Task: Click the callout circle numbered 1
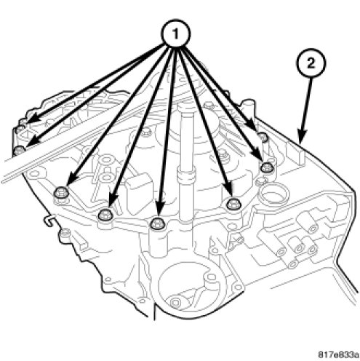point(176,34)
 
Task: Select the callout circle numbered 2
point(311,63)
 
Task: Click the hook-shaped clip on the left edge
point(50,221)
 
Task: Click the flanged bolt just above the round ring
point(267,167)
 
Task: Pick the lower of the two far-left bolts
point(19,151)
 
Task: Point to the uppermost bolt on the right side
point(263,137)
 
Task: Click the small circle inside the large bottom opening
point(175,302)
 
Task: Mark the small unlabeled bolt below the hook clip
point(65,234)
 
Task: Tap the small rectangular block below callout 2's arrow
point(295,152)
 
